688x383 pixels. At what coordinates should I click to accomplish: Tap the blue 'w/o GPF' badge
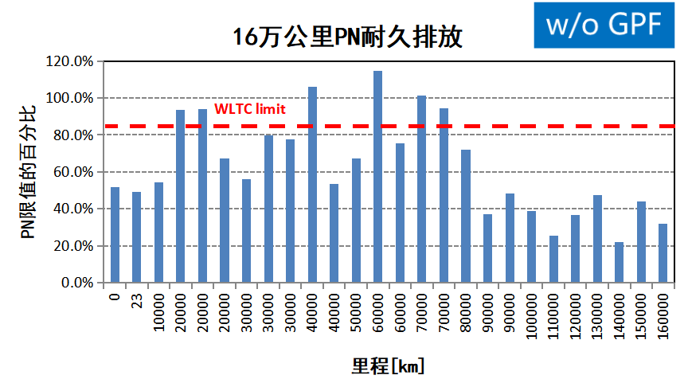pos(604,24)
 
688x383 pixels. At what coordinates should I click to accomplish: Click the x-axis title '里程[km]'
pos(388,366)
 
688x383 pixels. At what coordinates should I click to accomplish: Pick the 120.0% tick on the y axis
pos(71,61)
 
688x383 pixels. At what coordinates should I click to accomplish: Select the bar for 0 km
pos(115,235)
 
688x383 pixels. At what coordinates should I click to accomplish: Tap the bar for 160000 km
pos(663,253)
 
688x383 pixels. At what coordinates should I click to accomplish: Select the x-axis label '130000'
pos(597,311)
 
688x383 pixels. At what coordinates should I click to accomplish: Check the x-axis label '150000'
pos(641,311)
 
